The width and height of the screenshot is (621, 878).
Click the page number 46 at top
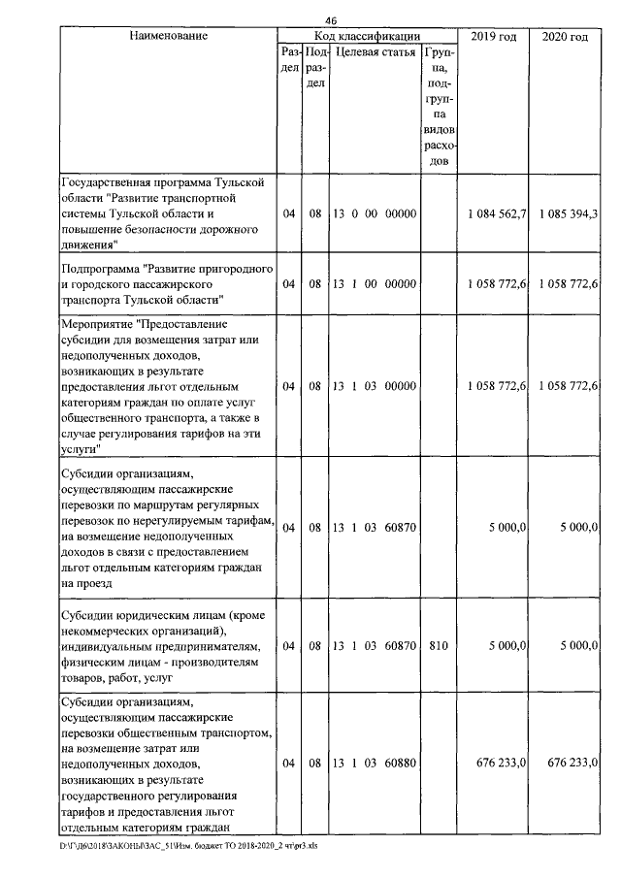(x=331, y=21)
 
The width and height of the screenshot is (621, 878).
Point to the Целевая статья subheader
(x=375, y=52)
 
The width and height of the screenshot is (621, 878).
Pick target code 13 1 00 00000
(x=374, y=284)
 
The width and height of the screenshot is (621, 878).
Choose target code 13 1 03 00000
(x=374, y=385)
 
